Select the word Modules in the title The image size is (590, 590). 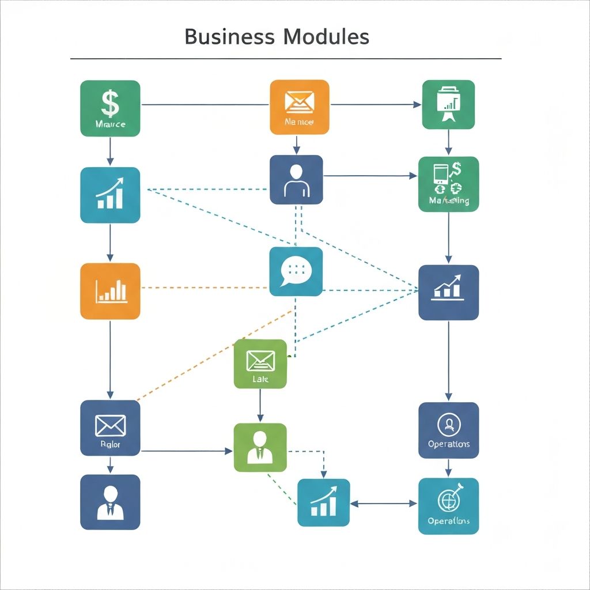click(326, 37)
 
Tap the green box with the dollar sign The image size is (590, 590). click(110, 108)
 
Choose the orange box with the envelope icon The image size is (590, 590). click(300, 107)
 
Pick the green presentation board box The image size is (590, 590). click(448, 104)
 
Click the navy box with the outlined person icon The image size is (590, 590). click(296, 179)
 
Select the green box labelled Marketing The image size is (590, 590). click(448, 184)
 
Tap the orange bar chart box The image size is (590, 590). click(110, 291)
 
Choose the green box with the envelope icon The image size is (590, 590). click(260, 364)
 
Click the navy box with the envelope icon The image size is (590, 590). click(110, 428)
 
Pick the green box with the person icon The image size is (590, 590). click(260, 447)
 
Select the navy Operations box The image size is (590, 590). click(448, 430)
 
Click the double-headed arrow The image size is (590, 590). click(384, 503)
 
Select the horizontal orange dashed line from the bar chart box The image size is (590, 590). click(205, 287)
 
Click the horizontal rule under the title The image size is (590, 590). click(286, 59)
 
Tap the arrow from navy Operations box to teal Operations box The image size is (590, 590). click(448, 468)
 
